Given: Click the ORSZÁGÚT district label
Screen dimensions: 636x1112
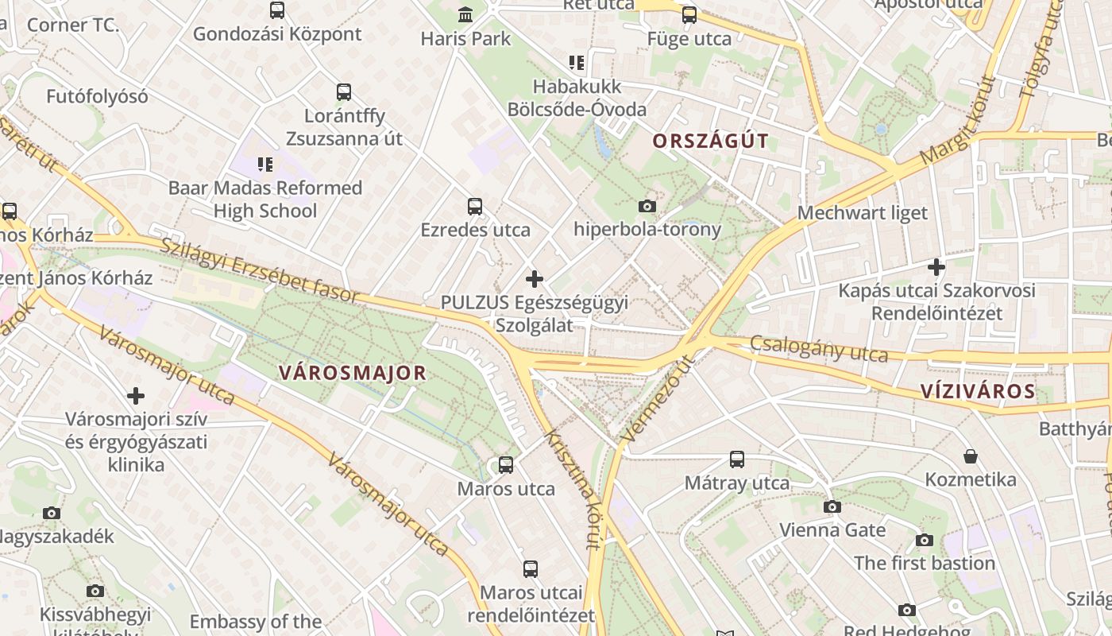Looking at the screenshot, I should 710,142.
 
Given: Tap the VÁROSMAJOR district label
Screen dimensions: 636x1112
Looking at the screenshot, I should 353,373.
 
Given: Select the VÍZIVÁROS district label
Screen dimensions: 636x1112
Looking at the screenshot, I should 978,390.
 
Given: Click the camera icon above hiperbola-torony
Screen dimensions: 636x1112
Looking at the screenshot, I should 647,207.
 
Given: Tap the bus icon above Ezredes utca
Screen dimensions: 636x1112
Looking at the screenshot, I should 475,207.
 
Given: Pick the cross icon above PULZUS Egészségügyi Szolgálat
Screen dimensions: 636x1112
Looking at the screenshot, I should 535,279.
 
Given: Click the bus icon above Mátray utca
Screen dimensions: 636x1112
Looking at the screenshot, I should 737,460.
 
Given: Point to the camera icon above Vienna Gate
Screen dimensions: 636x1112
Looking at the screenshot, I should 832,506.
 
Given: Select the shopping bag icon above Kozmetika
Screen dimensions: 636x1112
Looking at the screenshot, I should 971,456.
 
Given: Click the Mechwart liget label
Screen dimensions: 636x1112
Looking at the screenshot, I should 863,213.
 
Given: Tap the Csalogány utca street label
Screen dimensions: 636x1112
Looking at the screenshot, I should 818,348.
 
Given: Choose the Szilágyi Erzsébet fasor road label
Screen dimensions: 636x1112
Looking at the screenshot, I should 261,270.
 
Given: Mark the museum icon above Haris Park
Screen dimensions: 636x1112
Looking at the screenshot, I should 465,14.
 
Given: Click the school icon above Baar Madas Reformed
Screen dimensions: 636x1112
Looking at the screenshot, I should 265,165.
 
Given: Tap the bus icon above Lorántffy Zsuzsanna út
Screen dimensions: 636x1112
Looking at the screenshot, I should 344,92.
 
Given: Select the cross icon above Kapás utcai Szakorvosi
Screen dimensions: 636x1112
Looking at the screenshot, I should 936,267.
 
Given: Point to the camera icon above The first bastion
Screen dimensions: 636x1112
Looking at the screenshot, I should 924,540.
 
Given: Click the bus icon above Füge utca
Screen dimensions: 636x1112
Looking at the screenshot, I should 689,15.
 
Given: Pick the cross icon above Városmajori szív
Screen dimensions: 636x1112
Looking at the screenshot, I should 136,395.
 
